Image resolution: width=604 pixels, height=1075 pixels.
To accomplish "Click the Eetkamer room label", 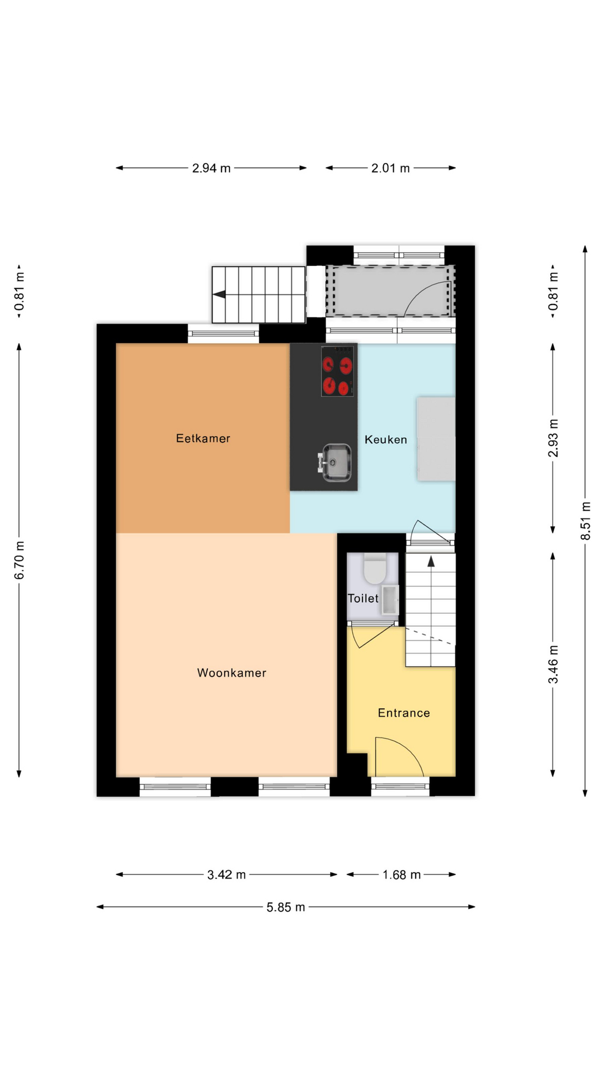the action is click(x=203, y=438).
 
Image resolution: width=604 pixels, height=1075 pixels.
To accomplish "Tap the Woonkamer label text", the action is click(x=232, y=673).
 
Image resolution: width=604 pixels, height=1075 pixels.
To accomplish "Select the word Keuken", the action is click(x=386, y=440).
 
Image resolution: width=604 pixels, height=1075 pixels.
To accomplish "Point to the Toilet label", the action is click(x=364, y=598).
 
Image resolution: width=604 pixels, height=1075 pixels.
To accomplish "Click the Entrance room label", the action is click(x=404, y=713).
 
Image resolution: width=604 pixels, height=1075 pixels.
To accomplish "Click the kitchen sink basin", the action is click(x=336, y=462).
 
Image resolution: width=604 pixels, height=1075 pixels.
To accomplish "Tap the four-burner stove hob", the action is click(x=337, y=371).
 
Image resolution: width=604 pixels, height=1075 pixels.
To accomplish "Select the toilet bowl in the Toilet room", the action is click(x=374, y=569).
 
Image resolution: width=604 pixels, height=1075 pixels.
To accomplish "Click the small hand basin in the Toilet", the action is click(x=390, y=600).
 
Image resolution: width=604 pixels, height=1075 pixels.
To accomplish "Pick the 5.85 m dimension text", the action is click(x=286, y=907).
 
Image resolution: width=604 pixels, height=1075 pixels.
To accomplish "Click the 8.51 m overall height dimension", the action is click(x=586, y=521).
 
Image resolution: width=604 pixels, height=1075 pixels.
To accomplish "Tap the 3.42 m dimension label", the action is click(x=226, y=875).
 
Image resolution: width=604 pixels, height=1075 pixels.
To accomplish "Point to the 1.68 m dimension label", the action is click(x=402, y=875).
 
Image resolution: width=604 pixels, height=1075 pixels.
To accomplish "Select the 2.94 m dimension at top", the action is click(x=211, y=168).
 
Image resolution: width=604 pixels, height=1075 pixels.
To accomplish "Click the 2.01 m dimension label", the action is click(x=390, y=168).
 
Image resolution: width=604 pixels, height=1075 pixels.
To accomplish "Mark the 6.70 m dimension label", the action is click(x=20, y=560).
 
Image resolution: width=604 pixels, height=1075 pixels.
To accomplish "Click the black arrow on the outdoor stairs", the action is click(x=219, y=295).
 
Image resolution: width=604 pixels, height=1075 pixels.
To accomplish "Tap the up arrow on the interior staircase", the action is click(x=431, y=561).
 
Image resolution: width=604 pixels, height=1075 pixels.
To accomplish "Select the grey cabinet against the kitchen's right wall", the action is click(x=436, y=439).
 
